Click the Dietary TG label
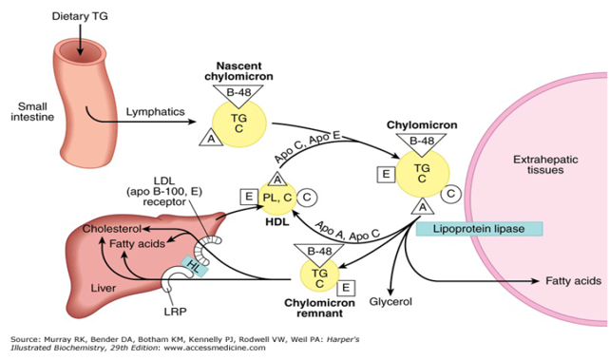[x=80, y=16]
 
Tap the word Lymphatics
[x=154, y=111]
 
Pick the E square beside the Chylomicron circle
[x=386, y=174]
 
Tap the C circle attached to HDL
[x=308, y=197]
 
